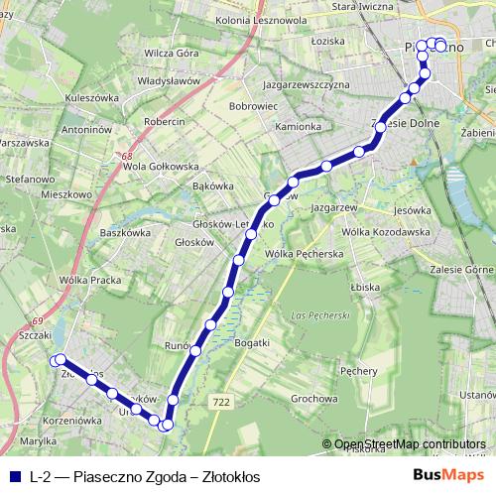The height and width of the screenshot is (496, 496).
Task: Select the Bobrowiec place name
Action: pyautogui.click(x=252, y=104)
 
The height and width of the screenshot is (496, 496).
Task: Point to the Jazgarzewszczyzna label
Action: pyautogui.click(x=293, y=85)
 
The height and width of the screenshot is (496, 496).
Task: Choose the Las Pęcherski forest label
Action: pyautogui.click(x=322, y=315)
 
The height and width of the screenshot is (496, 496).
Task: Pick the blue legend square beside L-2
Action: pyautogui.click(x=12, y=476)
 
